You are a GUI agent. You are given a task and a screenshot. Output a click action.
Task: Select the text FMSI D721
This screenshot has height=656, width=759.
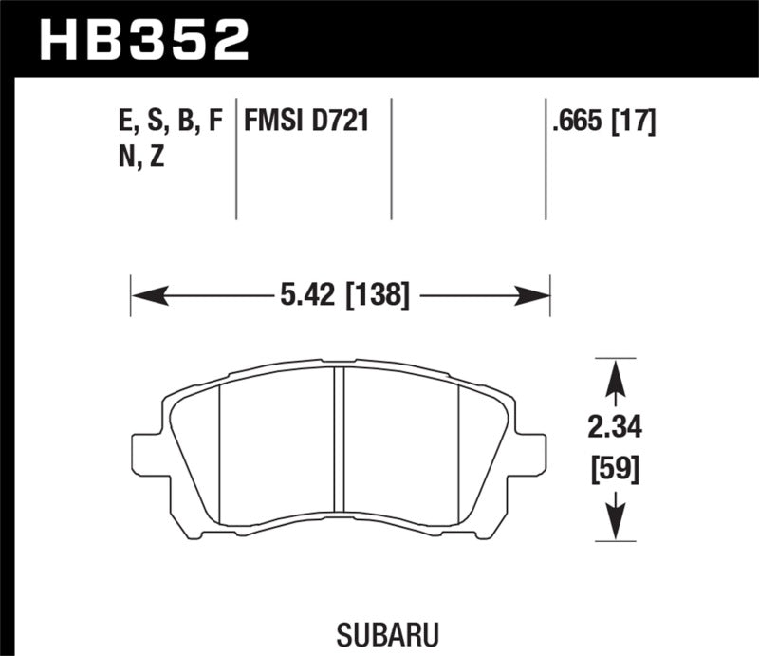click(x=306, y=122)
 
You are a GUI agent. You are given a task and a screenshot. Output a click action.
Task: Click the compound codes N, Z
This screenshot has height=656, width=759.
click(x=139, y=158)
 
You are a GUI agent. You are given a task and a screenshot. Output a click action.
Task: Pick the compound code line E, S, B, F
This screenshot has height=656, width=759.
click(x=166, y=122)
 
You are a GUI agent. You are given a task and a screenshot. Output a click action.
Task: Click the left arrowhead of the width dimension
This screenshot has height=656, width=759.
click(x=142, y=297)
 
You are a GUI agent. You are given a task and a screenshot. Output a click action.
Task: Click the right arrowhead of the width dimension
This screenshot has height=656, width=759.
click(x=539, y=297)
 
